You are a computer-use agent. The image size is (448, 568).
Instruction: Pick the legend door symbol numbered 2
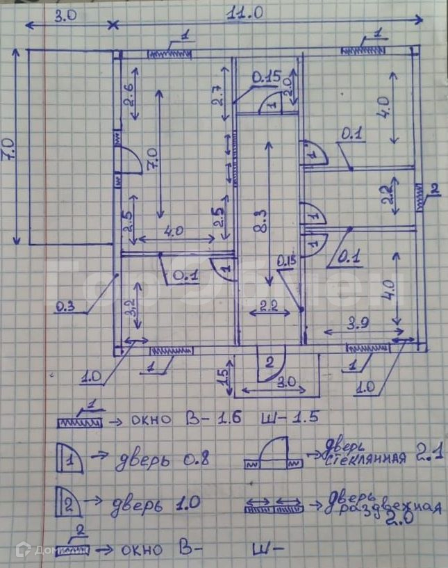71,503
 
